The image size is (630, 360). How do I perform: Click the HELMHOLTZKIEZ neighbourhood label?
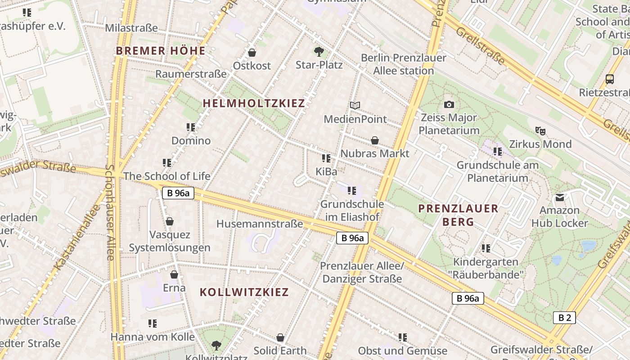[254, 103]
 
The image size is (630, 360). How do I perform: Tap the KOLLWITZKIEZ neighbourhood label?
[244, 292]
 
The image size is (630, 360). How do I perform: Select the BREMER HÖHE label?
[161, 51]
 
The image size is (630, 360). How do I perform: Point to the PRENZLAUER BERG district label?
[458, 215]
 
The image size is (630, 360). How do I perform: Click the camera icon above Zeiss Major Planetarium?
[449, 105]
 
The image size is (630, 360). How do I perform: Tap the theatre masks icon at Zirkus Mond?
[540, 131]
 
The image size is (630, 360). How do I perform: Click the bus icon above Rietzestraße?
[610, 79]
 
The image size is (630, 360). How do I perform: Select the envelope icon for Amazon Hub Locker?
[559, 197]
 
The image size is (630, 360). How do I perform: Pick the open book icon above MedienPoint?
[355, 105]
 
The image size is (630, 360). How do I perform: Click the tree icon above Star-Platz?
[319, 52]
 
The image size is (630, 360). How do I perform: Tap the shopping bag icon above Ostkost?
[252, 53]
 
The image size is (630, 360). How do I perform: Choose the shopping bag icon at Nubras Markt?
[374, 140]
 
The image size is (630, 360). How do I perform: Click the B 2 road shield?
[564, 318]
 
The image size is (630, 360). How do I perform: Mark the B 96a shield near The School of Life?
[178, 193]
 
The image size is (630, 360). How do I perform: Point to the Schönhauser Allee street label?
[110, 212]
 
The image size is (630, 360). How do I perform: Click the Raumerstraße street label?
[191, 74]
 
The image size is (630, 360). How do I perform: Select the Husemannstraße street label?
[260, 224]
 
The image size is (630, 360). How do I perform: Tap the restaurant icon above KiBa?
[326, 158]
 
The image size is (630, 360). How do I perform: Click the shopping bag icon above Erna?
[174, 274]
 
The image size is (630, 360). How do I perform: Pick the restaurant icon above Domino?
[191, 127]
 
